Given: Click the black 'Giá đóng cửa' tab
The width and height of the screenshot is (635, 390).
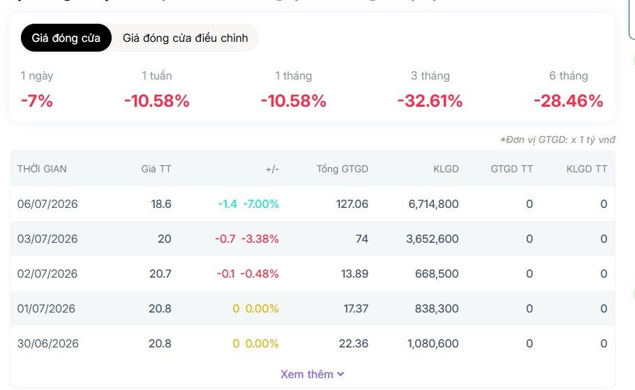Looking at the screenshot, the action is [x=66, y=38].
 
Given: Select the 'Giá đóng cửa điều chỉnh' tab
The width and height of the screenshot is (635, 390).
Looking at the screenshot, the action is [x=185, y=38].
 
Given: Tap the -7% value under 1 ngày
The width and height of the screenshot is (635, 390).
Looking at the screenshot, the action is [x=37, y=101].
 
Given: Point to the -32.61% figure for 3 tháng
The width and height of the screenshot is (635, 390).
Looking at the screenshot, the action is [x=430, y=101].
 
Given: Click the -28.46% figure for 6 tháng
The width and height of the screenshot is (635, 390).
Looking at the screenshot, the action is [x=569, y=101].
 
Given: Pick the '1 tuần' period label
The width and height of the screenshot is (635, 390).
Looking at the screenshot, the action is [x=157, y=76].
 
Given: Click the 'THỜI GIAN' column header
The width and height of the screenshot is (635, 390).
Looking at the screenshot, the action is [x=42, y=169].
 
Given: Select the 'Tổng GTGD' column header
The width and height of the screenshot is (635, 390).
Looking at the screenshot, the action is [x=342, y=169].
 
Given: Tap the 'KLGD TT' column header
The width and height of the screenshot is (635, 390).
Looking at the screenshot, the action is [x=587, y=169].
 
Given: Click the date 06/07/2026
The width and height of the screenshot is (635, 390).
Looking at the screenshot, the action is [x=47, y=204].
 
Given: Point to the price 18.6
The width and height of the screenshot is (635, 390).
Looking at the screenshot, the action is [x=161, y=204].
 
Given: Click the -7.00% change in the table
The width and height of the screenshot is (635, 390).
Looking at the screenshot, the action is [x=261, y=204].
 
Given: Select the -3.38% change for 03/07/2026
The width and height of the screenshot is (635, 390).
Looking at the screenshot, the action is [x=260, y=239].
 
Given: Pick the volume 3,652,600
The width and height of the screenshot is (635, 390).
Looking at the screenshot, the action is [x=433, y=239].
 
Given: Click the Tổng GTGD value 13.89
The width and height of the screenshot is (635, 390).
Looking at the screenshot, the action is [x=354, y=273].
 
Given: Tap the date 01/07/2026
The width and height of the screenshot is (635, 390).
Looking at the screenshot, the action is [x=46, y=308].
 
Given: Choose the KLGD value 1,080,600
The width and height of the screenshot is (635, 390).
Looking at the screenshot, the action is [x=433, y=343].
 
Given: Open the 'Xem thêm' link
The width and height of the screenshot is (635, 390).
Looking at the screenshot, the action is [x=312, y=374].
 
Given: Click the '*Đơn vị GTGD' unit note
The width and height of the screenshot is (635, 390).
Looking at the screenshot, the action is [x=558, y=140].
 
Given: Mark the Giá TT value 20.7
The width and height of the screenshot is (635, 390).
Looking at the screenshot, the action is [x=160, y=273].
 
